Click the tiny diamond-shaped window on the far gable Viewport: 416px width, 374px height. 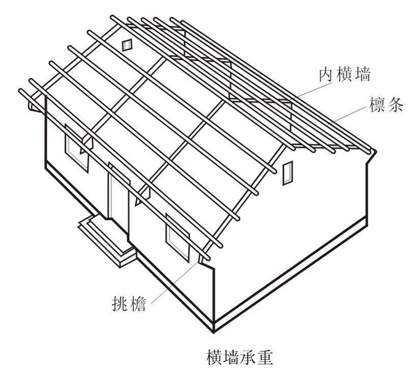coord(127,44)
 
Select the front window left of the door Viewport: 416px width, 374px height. coord(77,152)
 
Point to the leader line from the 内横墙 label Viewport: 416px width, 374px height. coord(308,89)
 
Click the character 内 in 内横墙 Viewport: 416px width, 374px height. coord(326,76)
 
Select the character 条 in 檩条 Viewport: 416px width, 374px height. coord(395,106)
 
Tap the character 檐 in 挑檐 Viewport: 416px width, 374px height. coord(138,304)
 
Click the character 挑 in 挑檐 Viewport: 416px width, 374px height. coord(118,304)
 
